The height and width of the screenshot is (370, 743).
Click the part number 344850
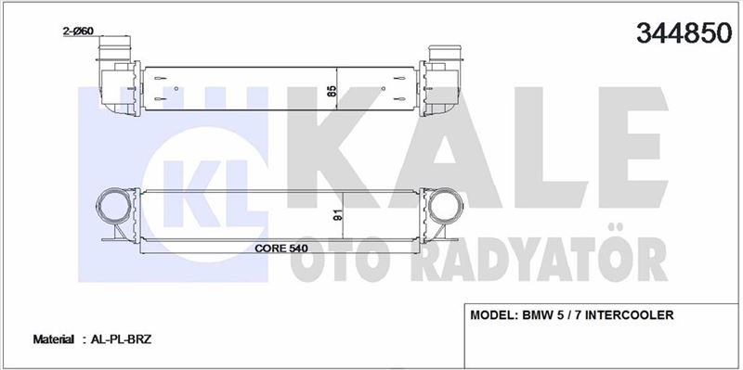[684, 33]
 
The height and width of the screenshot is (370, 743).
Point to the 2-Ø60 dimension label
[78, 32]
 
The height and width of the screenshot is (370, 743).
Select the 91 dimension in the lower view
[339, 215]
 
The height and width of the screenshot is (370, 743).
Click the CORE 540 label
[281, 248]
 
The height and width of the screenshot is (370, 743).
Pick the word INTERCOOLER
[630, 315]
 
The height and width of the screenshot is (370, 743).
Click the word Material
[53, 339]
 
